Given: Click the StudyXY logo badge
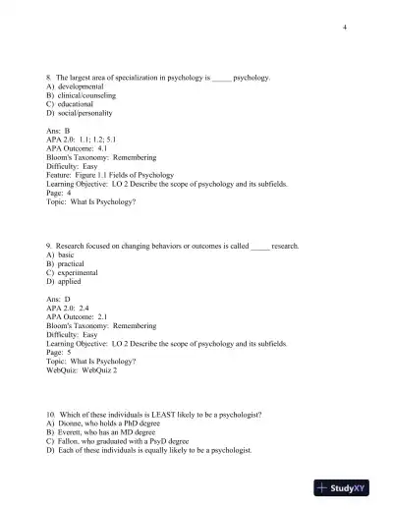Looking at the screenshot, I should point(348,487).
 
